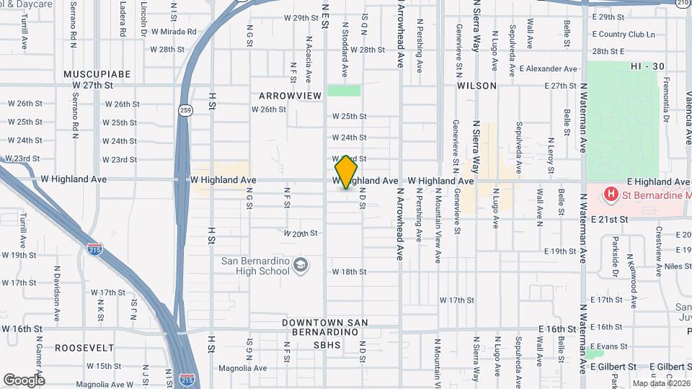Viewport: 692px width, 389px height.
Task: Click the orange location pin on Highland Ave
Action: [347, 172]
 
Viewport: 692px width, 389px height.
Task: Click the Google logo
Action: [24, 380]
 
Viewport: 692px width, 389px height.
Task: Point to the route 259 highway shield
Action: [186, 109]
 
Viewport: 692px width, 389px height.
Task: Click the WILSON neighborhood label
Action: [476, 86]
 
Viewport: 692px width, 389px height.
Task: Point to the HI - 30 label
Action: [647, 66]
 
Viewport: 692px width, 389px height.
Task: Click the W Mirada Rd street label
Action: [169, 32]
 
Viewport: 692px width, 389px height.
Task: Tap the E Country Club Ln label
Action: [624, 34]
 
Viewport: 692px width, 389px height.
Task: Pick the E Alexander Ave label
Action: [549, 69]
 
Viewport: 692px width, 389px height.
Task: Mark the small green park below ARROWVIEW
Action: [344, 90]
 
